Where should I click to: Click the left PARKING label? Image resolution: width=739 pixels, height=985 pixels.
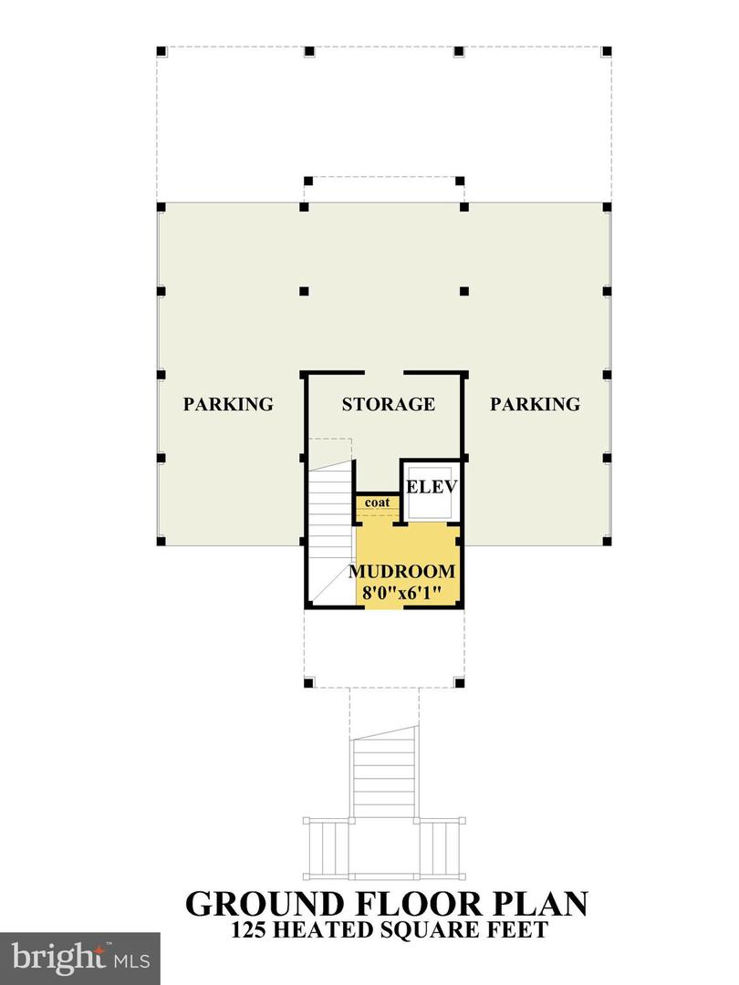pos(228,404)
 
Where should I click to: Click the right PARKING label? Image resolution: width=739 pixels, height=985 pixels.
pos(535,404)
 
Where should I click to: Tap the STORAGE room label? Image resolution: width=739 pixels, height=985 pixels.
pos(388,404)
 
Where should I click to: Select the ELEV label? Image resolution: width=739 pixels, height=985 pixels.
pos(431,486)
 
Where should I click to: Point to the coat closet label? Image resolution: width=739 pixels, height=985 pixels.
pos(377,503)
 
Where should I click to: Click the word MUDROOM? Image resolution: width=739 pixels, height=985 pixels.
pos(401,572)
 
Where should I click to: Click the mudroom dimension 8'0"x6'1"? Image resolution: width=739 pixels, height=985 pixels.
pos(401,593)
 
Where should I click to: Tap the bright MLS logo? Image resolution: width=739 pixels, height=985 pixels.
pos(80,958)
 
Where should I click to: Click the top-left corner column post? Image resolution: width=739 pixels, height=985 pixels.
pos(161,50)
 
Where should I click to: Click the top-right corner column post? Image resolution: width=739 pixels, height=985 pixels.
pos(607,50)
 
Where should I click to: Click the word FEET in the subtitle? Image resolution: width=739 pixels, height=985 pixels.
pos(514,930)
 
